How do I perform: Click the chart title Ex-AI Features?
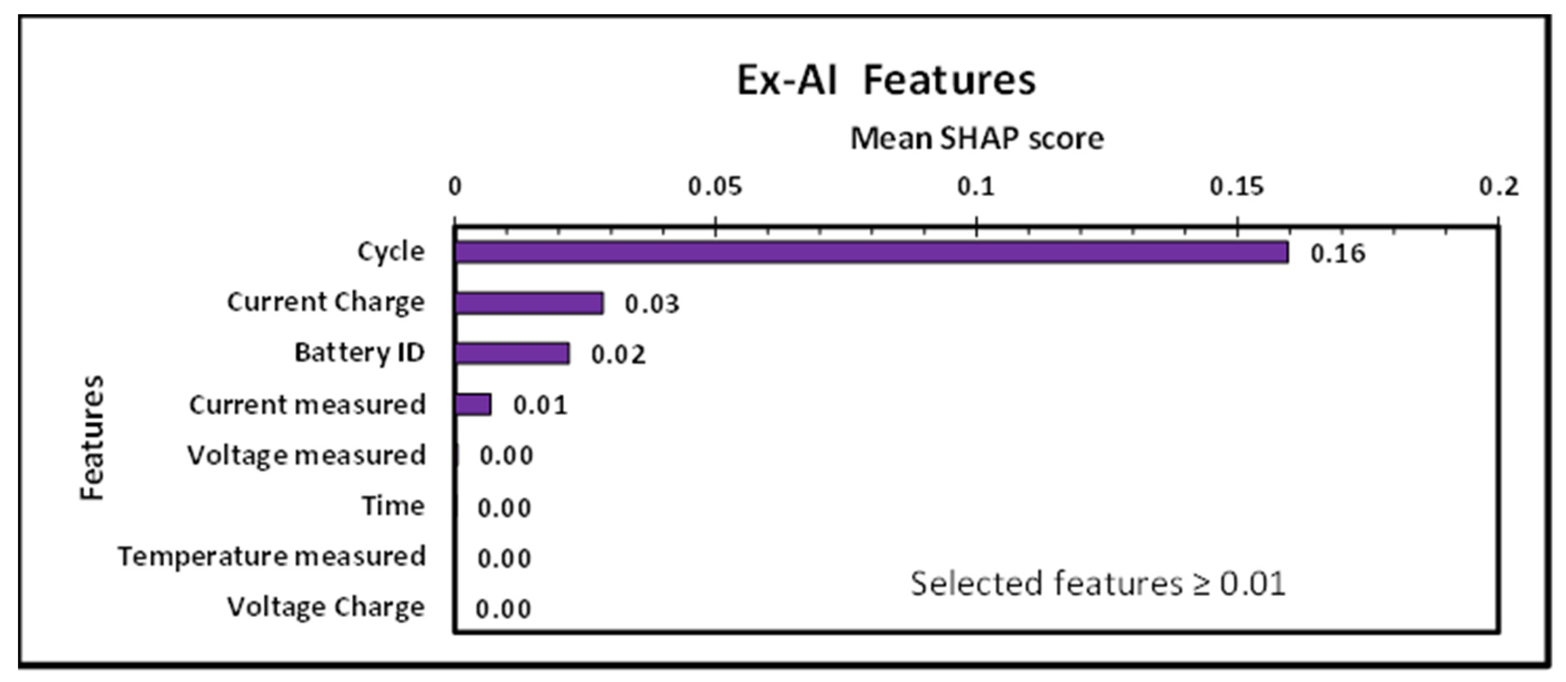pyautogui.click(x=886, y=81)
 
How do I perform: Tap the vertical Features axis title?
pyautogui.click(x=93, y=438)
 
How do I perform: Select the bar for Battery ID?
pyautogui.click(x=512, y=353)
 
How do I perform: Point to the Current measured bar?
pyautogui.click(x=473, y=404)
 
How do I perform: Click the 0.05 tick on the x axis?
pyautogui.click(x=715, y=187)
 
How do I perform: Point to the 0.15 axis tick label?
pyautogui.click(x=1237, y=187)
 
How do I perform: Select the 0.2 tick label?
pyautogui.click(x=1499, y=187)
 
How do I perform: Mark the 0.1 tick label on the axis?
pyautogui.click(x=976, y=187)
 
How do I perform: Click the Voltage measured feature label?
pyautogui.click(x=306, y=455)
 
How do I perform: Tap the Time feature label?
pyautogui.click(x=393, y=506)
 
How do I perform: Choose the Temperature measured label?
pyautogui.click(x=272, y=557)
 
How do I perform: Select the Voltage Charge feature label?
pyautogui.click(x=326, y=607)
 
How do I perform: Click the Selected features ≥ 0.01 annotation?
pyautogui.click(x=1098, y=584)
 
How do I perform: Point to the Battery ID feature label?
pyautogui.click(x=359, y=353)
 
